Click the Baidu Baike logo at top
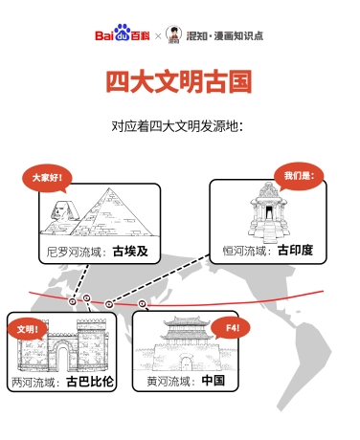123,35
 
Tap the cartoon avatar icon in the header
173,35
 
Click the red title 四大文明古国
179,81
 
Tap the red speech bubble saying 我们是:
298,175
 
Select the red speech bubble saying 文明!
31,328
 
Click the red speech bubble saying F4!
233,328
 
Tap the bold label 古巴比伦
90,382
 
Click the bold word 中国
213,381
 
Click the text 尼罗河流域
77,253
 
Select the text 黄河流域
172,381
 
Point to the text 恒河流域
247,251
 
